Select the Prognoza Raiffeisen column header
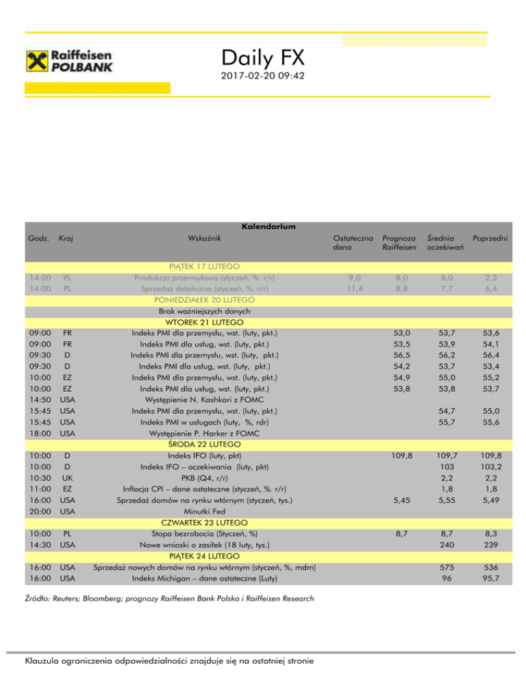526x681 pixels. [x=399, y=243]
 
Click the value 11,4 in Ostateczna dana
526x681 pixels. [x=351, y=289]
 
